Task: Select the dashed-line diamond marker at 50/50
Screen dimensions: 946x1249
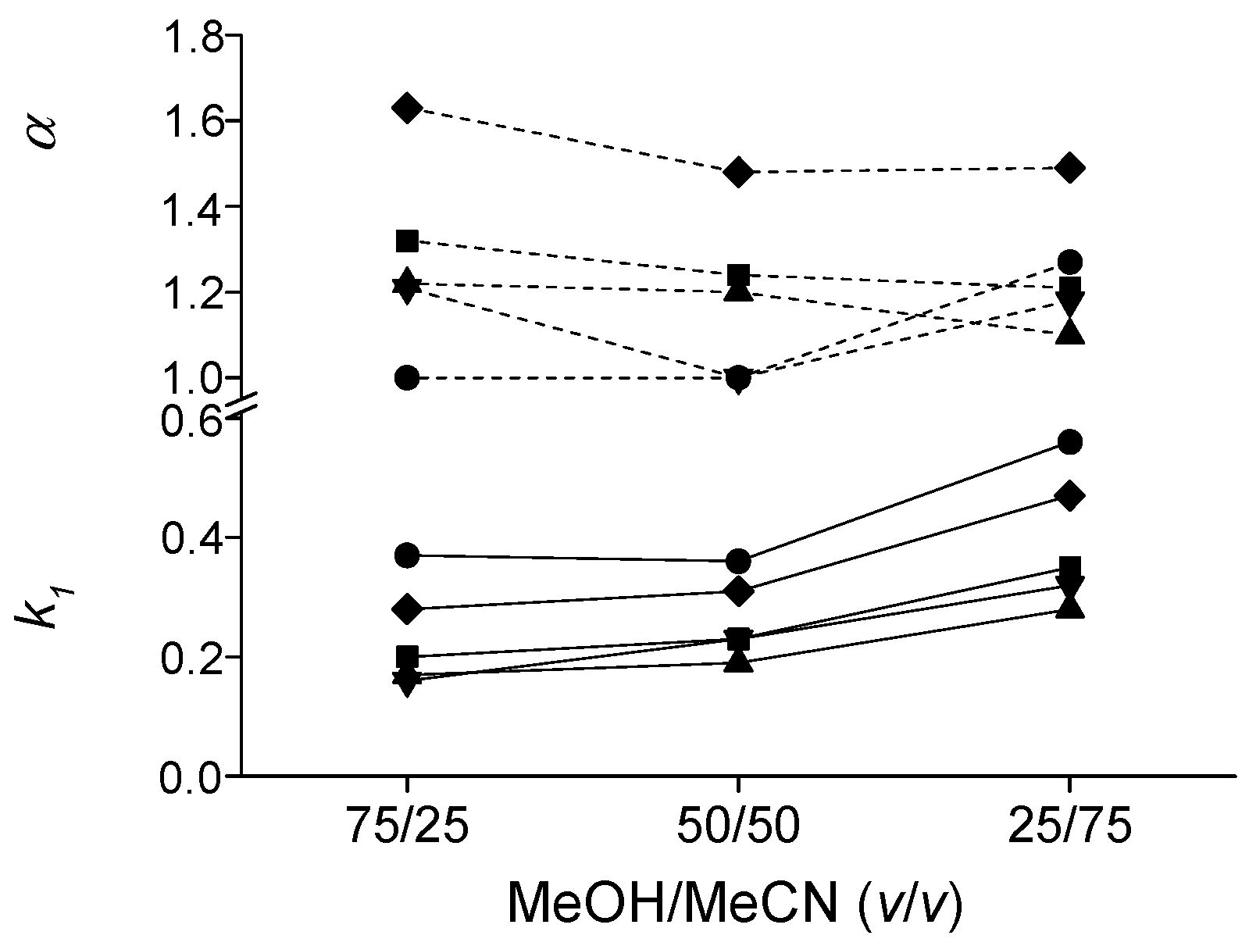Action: coord(738,172)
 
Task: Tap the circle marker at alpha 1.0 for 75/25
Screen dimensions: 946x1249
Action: coord(407,378)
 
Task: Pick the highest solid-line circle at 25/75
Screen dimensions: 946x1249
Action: coord(1069,442)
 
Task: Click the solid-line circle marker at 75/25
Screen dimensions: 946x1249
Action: coord(407,555)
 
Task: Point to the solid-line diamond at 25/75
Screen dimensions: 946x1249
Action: coord(1069,496)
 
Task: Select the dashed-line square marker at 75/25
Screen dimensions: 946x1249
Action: coord(407,241)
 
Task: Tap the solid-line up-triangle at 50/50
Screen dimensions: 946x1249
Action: coord(738,662)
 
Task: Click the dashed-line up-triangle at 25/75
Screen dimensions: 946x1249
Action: coord(1069,333)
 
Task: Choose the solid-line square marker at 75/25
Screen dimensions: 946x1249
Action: coord(407,656)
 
